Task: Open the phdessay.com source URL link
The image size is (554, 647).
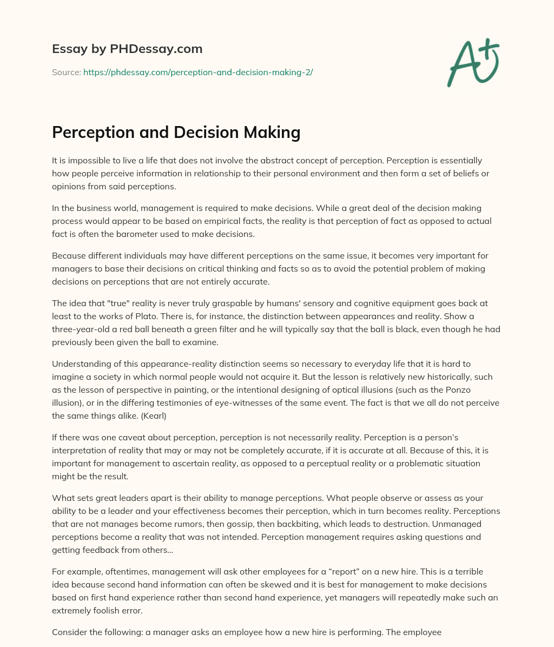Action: (x=198, y=72)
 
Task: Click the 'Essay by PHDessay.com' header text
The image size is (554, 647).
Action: (x=127, y=49)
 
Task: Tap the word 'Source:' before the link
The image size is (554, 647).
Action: (x=67, y=72)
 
